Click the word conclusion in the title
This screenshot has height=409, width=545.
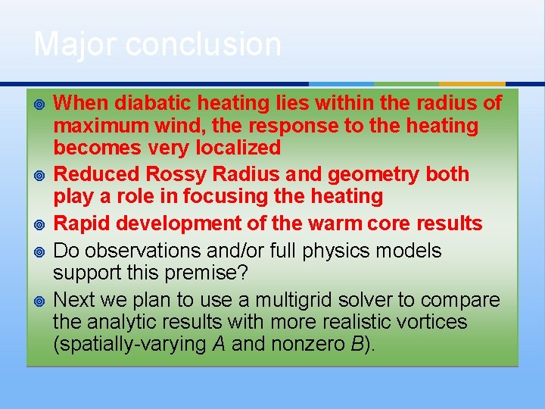point(204,44)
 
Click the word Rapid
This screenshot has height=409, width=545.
point(82,223)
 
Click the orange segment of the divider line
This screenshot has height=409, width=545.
point(472,84)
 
